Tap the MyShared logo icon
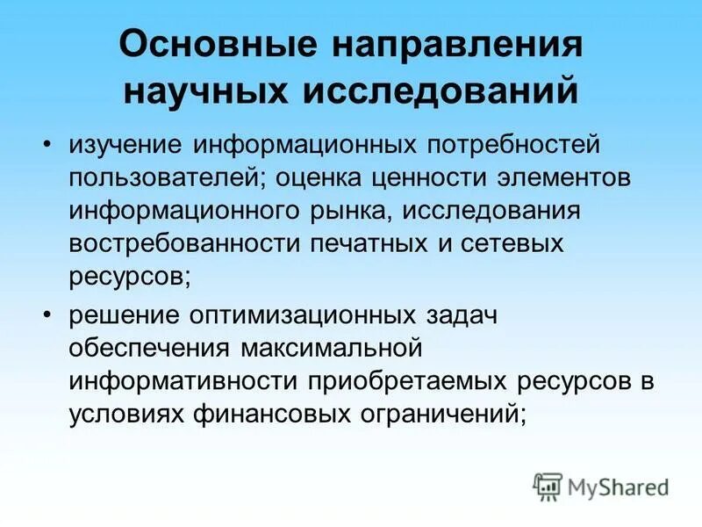click(548, 485)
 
